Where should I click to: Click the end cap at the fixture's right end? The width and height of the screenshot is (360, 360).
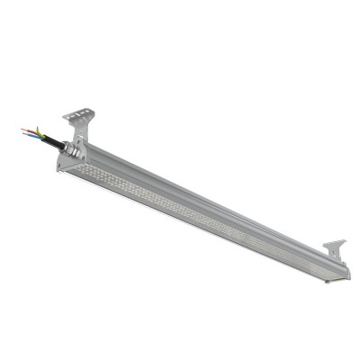coord(339,273)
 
